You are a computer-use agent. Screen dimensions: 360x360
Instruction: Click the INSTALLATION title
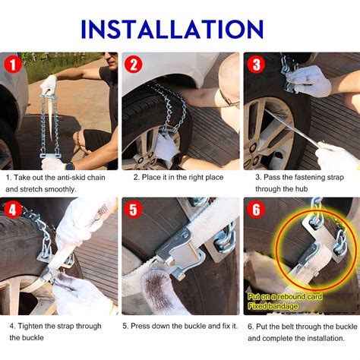pos(172,29)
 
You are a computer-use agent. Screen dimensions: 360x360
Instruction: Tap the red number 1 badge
pos(13,65)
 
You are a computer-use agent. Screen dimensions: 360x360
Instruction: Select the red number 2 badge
pos(134,65)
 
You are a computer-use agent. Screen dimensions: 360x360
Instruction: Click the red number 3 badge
pos(256,65)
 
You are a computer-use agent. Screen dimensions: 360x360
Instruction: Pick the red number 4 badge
pos(12,210)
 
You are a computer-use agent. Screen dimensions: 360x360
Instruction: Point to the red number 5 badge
pos(134,210)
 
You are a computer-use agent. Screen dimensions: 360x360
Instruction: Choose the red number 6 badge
pos(256,210)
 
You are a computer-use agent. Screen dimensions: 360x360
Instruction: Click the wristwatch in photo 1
pos(69,166)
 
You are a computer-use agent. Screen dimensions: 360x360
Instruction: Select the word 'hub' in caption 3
pos(302,189)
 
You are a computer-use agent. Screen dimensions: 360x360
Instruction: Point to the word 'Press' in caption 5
pos(140,326)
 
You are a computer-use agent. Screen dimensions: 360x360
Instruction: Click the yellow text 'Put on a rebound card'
pos(285,296)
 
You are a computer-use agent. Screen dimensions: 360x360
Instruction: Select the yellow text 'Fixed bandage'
pos(273,306)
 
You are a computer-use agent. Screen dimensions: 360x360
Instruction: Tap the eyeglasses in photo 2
pos(229,99)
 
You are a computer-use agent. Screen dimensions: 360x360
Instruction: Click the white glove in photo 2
pos(166,147)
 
